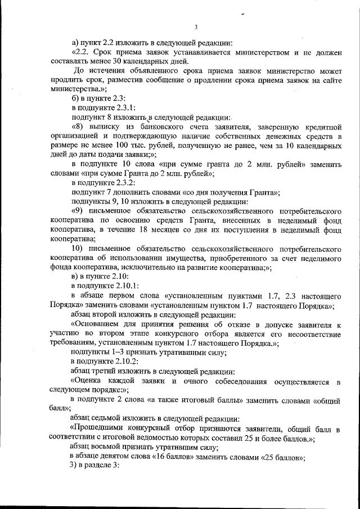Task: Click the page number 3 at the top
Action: [195, 26]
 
